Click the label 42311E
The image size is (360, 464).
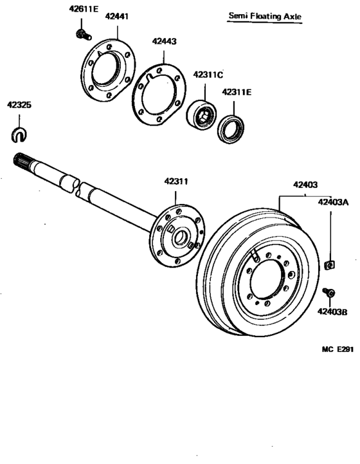point(237,92)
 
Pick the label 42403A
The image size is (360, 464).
point(332,202)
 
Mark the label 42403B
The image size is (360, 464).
point(332,313)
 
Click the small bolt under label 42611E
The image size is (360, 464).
point(82,32)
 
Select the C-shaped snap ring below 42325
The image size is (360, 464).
point(19,135)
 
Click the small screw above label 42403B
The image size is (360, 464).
point(328,293)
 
